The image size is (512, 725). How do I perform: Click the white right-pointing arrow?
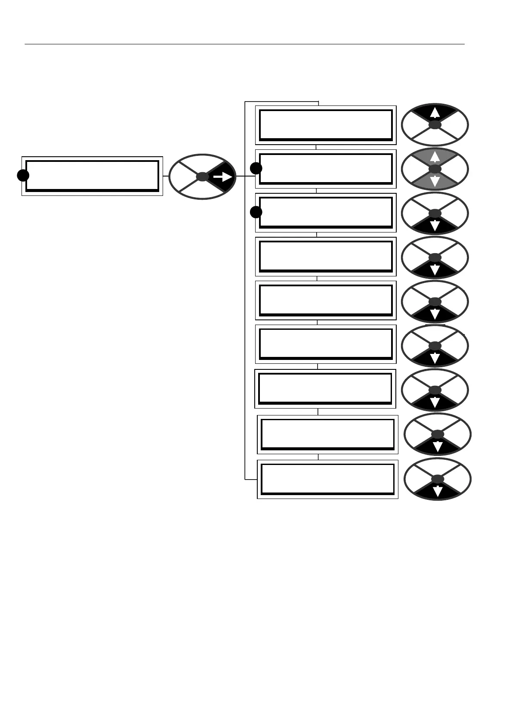223,177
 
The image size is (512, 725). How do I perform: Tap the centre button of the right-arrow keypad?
202,177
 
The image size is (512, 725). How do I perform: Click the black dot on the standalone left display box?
23,175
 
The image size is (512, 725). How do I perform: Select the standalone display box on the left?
92,176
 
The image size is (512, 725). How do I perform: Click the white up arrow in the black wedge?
435,112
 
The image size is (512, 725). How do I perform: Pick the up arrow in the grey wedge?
435,156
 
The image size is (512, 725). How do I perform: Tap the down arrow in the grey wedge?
435,181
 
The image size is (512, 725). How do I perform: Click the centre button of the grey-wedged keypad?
435,169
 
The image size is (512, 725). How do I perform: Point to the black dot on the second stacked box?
256,168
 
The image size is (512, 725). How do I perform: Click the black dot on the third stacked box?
256,212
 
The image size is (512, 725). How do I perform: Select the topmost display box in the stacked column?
326,125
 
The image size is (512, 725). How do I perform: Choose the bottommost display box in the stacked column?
327,479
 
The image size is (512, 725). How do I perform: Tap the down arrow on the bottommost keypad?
438,491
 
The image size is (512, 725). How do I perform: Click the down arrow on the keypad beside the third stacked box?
435,225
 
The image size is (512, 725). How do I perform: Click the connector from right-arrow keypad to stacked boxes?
246,176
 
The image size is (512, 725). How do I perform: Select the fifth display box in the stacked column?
326,300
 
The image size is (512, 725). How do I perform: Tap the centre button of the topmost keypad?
435,125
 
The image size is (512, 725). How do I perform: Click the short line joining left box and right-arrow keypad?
166,176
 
